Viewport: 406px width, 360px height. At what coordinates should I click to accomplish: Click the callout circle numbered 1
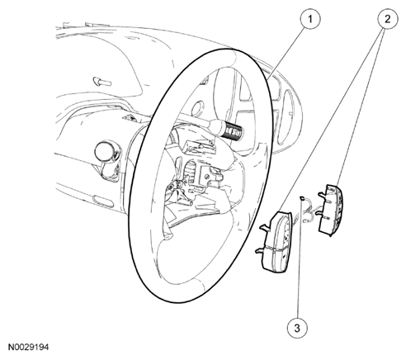point(310,19)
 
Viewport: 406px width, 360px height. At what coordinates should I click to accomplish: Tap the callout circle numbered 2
point(387,19)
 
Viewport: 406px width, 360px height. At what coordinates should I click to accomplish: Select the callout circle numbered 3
point(297,328)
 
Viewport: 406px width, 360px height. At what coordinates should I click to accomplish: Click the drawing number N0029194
point(28,347)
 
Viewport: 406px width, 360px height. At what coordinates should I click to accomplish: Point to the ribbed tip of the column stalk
point(234,132)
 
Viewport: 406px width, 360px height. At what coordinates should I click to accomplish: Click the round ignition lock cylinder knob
point(105,151)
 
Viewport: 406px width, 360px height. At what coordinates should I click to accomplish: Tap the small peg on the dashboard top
point(102,81)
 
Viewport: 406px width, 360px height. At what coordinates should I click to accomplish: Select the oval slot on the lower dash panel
point(103,201)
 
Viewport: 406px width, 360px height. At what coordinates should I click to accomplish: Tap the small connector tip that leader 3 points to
point(302,197)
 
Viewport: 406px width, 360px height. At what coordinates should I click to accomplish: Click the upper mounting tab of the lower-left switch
point(265,227)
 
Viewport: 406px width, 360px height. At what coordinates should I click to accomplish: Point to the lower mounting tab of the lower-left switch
point(261,250)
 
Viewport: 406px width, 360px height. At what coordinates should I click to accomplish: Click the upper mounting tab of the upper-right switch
point(322,195)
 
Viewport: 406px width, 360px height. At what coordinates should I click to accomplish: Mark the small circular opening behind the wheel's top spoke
point(197,107)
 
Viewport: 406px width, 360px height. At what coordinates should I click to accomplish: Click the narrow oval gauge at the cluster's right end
point(287,117)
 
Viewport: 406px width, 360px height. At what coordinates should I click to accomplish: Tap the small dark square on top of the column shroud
point(129,118)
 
